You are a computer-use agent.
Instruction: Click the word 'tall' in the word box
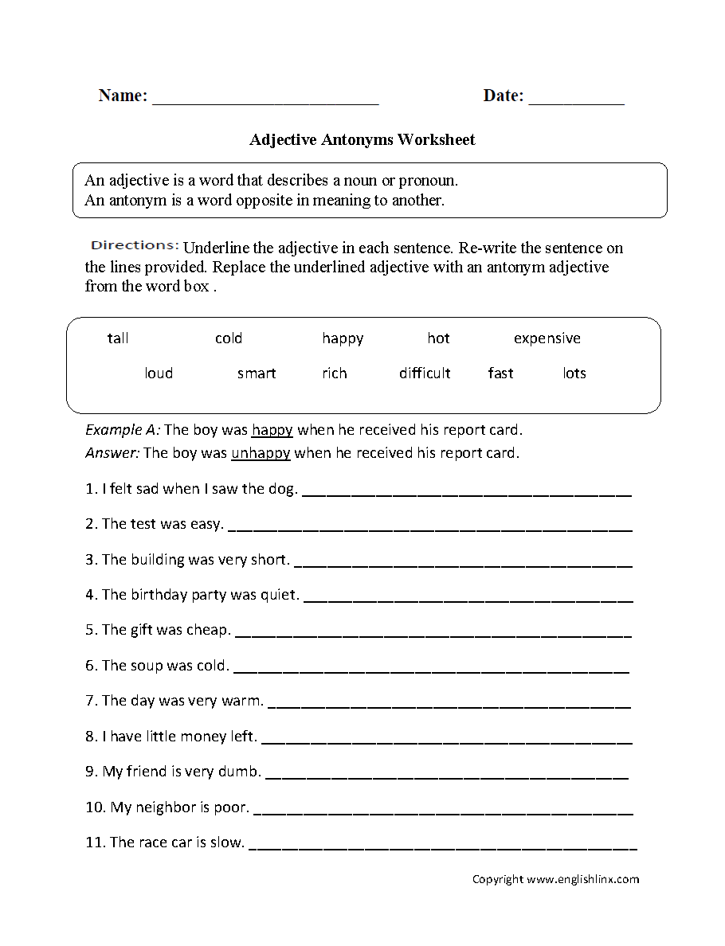pyautogui.click(x=118, y=338)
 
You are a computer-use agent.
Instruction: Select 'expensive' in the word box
pyautogui.click(x=547, y=338)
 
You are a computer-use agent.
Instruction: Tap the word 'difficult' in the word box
pyautogui.click(x=425, y=373)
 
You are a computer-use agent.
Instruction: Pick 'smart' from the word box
pyautogui.click(x=257, y=373)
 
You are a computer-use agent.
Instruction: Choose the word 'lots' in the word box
pyautogui.click(x=574, y=373)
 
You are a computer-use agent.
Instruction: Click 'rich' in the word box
pyautogui.click(x=335, y=373)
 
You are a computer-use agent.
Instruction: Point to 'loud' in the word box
pyautogui.click(x=159, y=373)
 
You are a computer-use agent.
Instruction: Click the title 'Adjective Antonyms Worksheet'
pyautogui.click(x=362, y=140)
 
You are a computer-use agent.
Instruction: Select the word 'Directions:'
pyautogui.click(x=135, y=245)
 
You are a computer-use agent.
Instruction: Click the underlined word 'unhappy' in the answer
pyautogui.click(x=261, y=454)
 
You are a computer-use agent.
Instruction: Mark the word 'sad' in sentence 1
pyautogui.click(x=147, y=490)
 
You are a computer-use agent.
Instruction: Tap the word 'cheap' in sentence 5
pyautogui.click(x=208, y=630)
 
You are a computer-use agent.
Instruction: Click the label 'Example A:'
pyautogui.click(x=123, y=431)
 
